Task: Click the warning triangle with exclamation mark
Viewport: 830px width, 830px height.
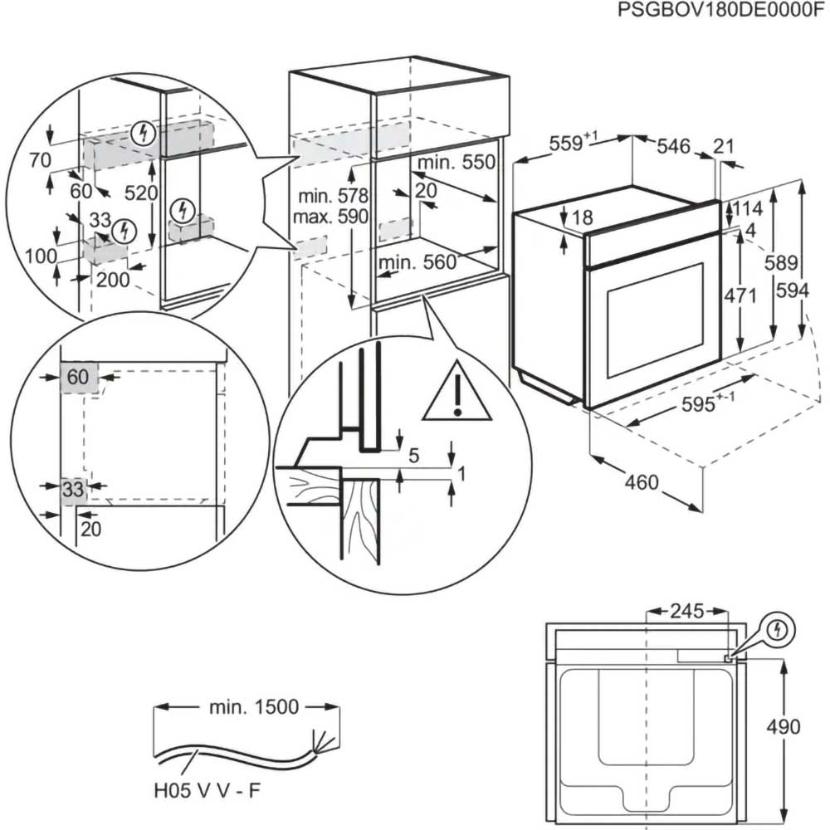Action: click(x=456, y=393)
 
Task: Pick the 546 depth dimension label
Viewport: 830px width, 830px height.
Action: click(x=673, y=147)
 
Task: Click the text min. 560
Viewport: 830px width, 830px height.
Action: click(x=417, y=262)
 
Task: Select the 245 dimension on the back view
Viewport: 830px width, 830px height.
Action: click(x=686, y=612)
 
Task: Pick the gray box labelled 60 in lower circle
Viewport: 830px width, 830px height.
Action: click(x=79, y=377)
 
